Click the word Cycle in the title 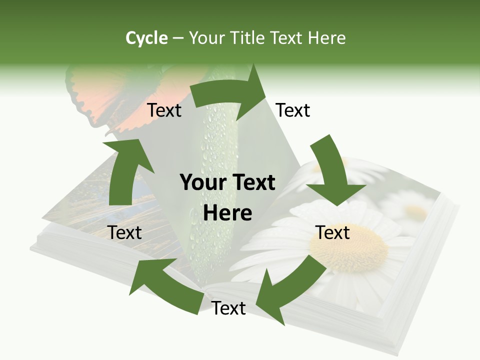[146, 38]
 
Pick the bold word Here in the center [227, 213]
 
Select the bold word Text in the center [252, 183]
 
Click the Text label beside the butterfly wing [164, 110]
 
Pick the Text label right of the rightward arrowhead [293, 110]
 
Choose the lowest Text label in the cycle [228, 308]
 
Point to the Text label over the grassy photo [125, 233]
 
